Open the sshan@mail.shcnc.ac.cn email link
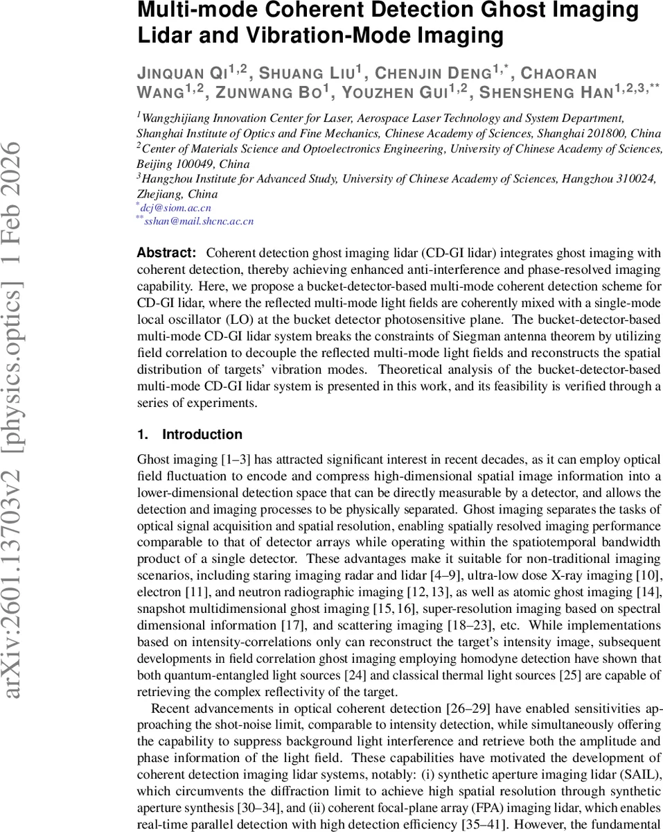click(x=198, y=221)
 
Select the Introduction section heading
click(x=202, y=435)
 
